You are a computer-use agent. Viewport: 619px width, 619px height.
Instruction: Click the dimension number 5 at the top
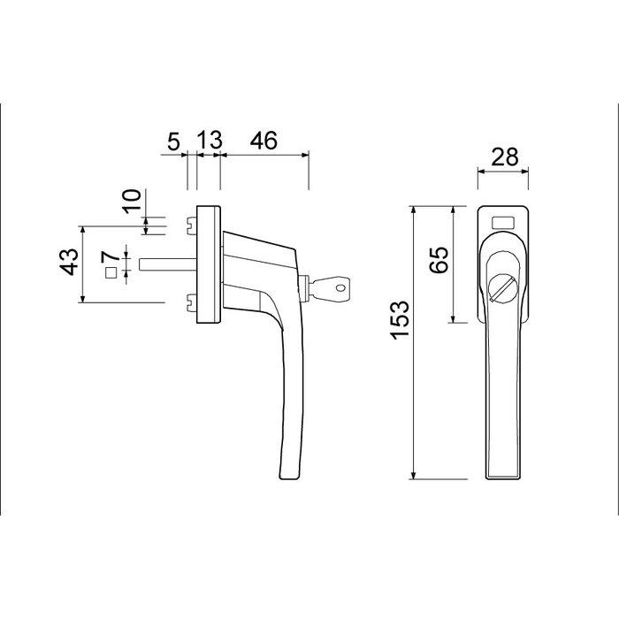173,140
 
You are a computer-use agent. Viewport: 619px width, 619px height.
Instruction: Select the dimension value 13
209,140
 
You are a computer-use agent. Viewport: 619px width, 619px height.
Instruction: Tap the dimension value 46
263,140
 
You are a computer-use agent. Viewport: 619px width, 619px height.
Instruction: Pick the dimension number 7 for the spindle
110,257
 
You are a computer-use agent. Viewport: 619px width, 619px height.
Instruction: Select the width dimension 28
503,157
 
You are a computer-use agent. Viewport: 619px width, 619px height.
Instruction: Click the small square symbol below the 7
111,274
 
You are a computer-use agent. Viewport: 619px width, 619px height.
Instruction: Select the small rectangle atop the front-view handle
503,222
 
